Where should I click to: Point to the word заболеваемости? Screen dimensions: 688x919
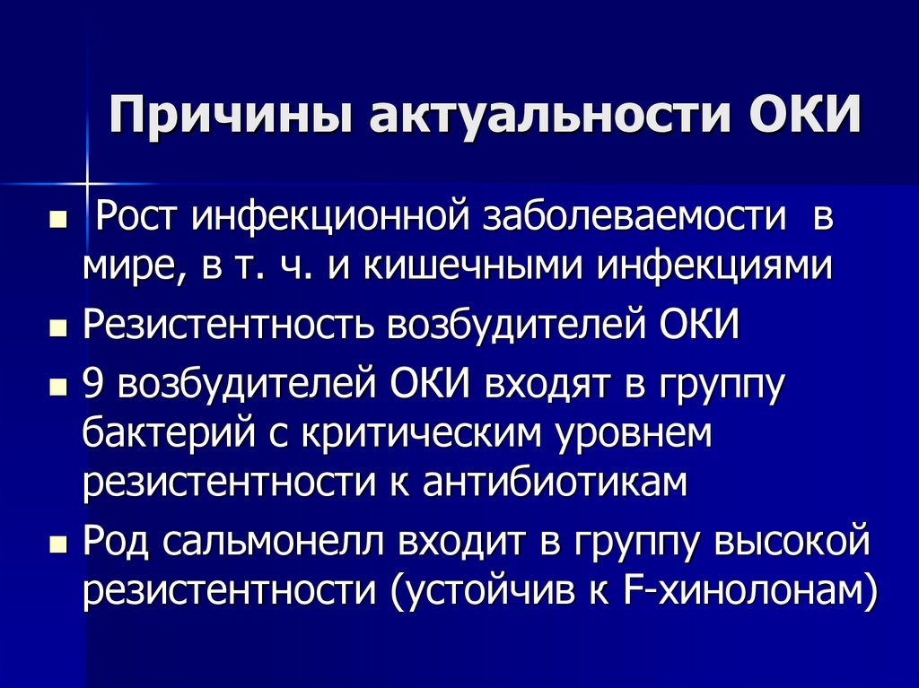tap(632, 218)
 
